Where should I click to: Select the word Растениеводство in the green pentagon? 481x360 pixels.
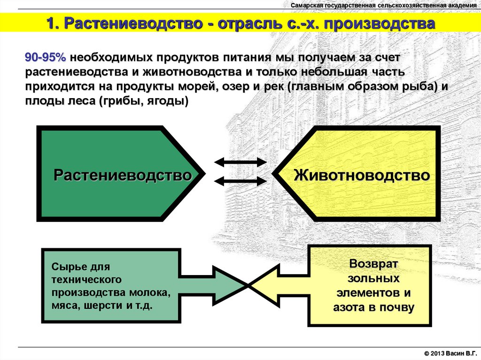coord(123,175)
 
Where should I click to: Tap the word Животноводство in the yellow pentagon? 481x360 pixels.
coord(362,175)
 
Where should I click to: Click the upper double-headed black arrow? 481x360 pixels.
coord(240,162)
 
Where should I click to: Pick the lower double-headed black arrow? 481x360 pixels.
coord(240,181)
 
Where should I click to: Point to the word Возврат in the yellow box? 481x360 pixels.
coord(373,264)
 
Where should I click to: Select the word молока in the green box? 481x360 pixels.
coord(150,292)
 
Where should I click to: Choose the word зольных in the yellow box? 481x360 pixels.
coord(373,278)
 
